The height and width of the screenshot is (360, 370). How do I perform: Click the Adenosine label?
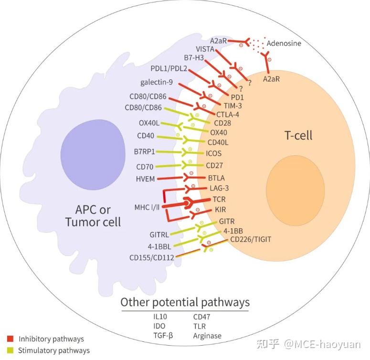click(284, 43)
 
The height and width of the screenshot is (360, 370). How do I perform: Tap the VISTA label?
click(205, 49)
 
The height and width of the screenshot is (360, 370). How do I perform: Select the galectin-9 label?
click(157, 82)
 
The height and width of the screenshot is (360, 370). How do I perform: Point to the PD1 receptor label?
click(237, 97)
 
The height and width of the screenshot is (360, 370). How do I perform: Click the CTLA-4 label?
click(227, 115)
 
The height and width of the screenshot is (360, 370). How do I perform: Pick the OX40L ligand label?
click(149, 123)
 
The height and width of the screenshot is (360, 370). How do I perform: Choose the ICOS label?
click(213, 153)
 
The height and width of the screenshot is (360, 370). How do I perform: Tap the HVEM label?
click(145, 179)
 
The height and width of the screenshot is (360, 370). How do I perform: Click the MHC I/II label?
click(147, 207)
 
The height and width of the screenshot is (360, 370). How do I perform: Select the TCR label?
click(219, 200)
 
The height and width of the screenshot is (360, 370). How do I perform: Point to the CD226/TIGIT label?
click(250, 240)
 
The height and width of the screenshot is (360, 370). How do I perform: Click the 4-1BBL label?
click(159, 247)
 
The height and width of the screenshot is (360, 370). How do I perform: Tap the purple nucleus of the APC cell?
click(93, 155)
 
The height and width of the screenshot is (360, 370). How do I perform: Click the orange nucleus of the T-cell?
click(295, 191)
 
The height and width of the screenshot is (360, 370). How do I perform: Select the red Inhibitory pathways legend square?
click(11, 339)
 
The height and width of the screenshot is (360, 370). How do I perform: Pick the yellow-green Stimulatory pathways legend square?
click(11, 350)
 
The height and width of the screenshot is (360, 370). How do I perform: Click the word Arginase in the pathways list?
click(207, 336)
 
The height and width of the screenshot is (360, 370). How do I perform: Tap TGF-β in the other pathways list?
click(163, 335)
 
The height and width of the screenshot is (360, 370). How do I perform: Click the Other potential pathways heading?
click(185, 302)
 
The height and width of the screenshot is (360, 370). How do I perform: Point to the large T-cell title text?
click(298, 136)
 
